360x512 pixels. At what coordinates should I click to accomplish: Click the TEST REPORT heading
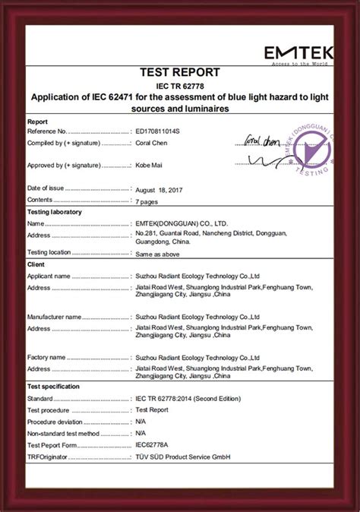click(x=180, y=72)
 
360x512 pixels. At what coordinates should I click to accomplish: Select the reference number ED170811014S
click(x=159, y=131)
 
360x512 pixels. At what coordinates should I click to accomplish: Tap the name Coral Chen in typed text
click(x=153, y=142)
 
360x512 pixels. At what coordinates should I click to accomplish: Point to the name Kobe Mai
click(x=150, y=165)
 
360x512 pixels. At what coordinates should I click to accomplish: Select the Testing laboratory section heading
click(x=55, y=212)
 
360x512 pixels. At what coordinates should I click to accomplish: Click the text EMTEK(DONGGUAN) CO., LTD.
click(x=182, y=223)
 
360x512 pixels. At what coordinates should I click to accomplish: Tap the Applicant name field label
click(x=49, y=277)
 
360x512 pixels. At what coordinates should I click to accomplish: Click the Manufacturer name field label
click(x=55, y=316)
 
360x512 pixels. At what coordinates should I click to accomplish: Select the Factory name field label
click(x=47, y=357)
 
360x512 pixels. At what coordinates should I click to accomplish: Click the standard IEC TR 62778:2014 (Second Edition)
click(x=188, y=398)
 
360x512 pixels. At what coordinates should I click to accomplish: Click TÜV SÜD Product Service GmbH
click(x=182, y=457)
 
